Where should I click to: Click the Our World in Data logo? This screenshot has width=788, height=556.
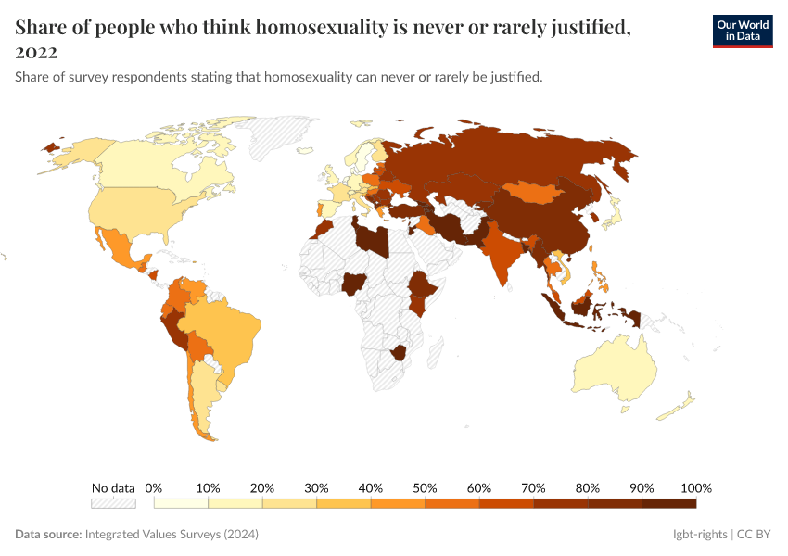pos(742,31)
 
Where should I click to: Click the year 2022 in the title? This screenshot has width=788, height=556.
pos(36,52)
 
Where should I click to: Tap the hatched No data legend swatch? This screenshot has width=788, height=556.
pos(113,503)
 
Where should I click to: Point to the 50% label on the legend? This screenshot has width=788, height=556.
pos(425,488)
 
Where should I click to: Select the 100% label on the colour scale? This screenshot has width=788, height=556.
pos(695,488)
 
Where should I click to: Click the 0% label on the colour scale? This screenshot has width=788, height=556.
pos(154,488)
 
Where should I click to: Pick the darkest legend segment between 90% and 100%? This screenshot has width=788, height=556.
pos(668,503)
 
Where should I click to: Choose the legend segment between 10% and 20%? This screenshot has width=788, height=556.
pos(235,503)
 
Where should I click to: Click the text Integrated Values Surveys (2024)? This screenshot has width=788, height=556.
pos(172,535)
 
